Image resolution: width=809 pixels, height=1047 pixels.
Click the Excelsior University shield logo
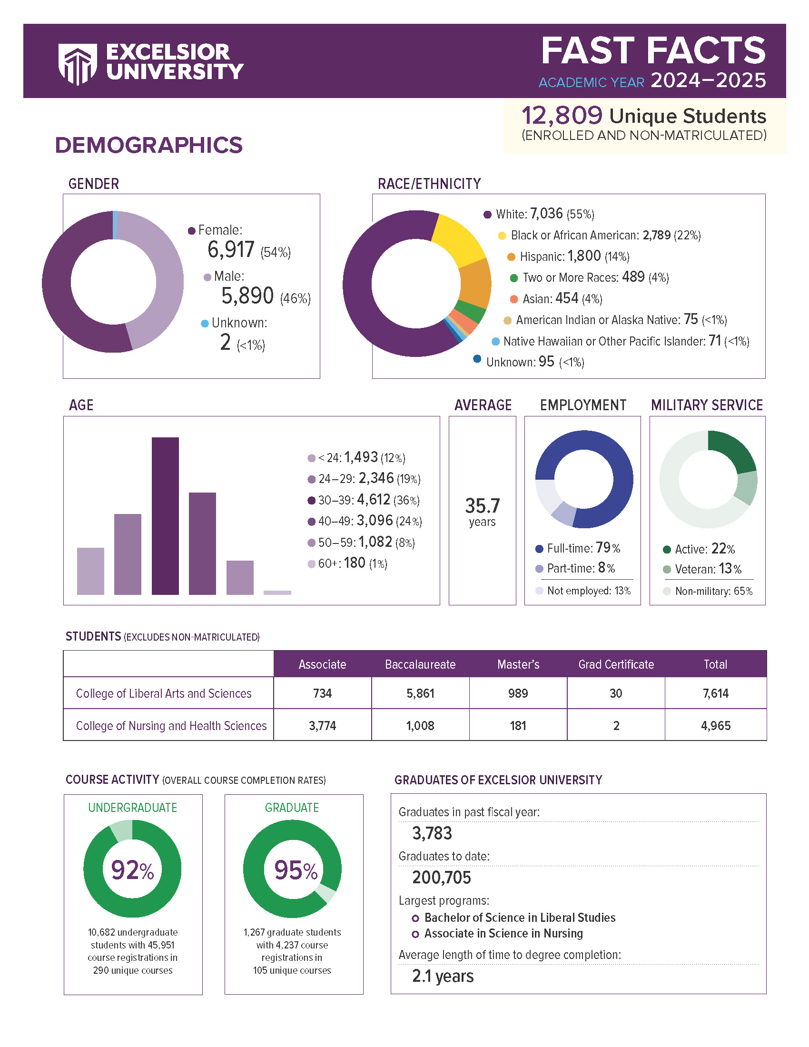(x=77, y=63)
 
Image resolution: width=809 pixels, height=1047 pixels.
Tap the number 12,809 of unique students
(x=561, y=116)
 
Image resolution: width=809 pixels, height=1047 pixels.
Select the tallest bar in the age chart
(x=165, y=515)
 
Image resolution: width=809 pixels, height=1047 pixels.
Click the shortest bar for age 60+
(x=277, y=593)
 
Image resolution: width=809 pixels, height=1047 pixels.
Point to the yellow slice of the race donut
(x=458, y=239)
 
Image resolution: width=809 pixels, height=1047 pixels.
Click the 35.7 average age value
(x=482, y=506)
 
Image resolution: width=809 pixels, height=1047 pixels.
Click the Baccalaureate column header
(x=420, y=664)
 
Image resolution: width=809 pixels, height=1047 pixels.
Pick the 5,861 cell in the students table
(x=420, y=693)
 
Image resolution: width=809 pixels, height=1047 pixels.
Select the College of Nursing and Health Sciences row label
(x=171, y=726)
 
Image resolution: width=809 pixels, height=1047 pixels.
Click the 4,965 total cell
(x=715, y=726)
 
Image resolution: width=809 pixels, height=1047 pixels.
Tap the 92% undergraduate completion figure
(x=132, y=870)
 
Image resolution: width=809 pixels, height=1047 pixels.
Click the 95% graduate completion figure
(x=295, y=870)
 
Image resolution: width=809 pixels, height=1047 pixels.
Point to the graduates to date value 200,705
(x=442, y=878)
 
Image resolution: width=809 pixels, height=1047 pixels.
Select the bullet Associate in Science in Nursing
(x=503, y=933)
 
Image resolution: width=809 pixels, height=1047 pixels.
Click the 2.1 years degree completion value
(x=443, y=976)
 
